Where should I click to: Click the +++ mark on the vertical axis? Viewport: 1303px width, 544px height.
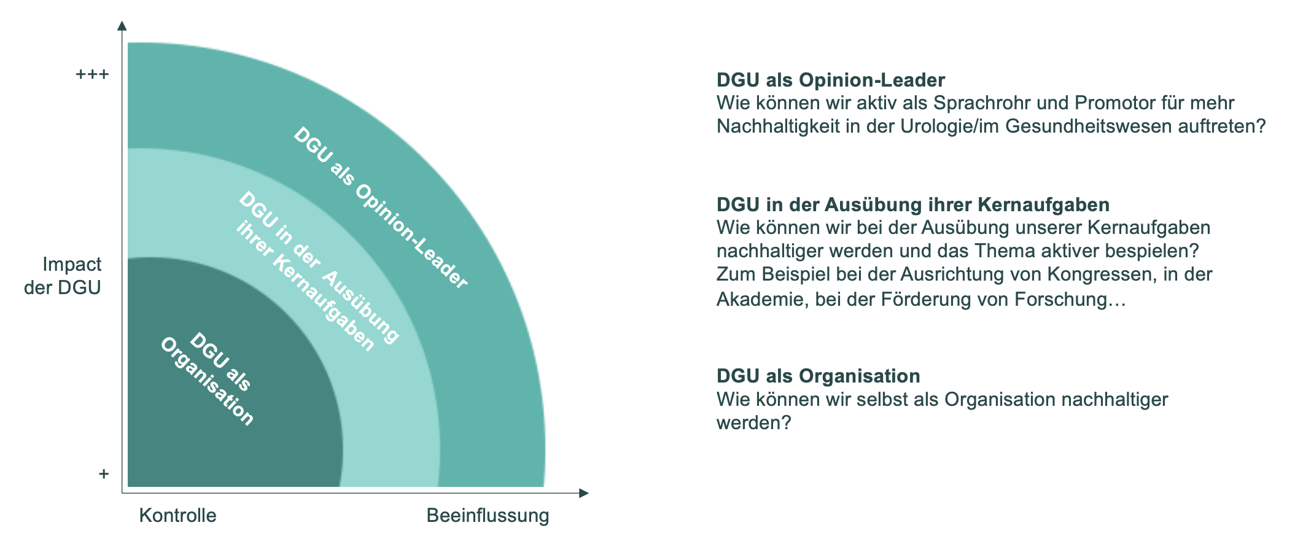(x=92, y=75)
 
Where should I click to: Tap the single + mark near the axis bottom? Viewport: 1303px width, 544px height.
(x=104, y=474)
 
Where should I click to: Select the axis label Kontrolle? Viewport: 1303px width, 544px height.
(x=177, y=515)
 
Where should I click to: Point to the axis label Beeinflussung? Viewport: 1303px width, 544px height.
(x=488, y=515)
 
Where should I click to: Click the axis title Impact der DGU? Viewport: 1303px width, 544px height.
(x=63, y=276)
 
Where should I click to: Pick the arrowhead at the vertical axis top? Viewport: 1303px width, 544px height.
(x=122, y=25)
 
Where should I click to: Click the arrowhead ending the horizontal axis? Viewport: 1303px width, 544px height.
(x=583, y=493)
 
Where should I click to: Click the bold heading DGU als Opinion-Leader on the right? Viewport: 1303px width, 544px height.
(x=830, y=80)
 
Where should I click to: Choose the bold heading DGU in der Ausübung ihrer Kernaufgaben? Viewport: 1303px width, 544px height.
(x=904, y=204)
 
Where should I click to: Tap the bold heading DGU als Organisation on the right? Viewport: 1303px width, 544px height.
(x=818, y=376)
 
